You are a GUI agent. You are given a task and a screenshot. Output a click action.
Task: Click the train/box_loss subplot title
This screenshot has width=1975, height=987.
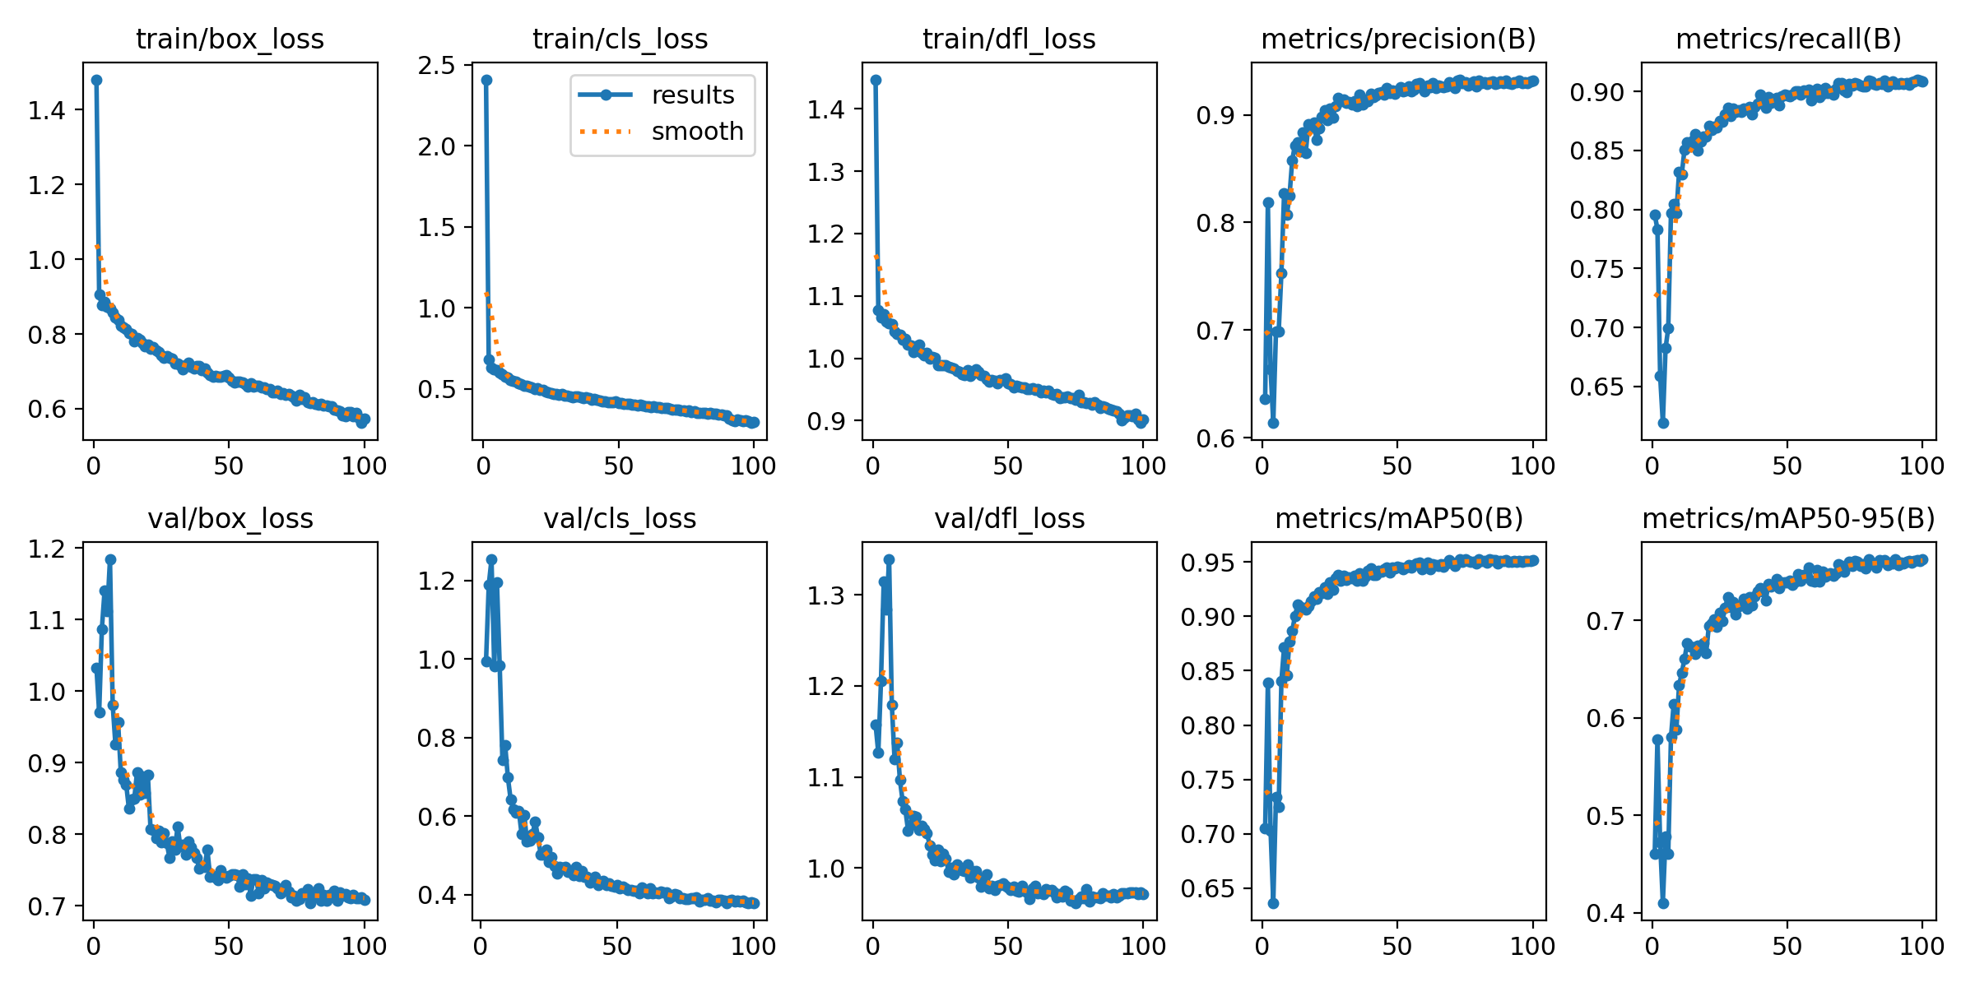click(230, 39)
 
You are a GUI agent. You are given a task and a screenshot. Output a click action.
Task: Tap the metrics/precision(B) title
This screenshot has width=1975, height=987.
click(1398, 39)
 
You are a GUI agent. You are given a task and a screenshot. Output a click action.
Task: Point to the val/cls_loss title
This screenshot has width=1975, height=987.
click(620, 518)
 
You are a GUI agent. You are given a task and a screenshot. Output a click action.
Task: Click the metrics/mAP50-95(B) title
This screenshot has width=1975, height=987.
click(1788, 518)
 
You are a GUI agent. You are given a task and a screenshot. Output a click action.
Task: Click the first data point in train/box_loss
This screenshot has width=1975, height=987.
click(96, 81)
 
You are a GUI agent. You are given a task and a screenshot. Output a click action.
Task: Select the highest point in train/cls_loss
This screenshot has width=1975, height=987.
click(486, 81)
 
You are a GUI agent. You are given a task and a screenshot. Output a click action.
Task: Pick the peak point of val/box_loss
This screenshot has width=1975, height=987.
click(110, 559)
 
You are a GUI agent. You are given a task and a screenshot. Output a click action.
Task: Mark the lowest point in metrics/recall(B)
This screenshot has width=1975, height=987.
click(1663, 423)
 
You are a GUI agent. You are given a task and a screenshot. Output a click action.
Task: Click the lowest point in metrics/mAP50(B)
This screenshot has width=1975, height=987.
click(1273, 903)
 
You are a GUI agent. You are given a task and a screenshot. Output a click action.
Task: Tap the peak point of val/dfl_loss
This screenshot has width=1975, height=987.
click(889, 559)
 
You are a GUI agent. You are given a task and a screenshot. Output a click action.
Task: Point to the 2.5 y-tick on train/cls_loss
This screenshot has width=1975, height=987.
click(436, 66)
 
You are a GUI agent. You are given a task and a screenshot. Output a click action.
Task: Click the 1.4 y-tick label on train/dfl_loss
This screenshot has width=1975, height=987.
click(826, 109)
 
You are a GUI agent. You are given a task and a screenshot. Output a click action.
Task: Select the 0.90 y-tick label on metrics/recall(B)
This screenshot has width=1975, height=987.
click(1596, 92)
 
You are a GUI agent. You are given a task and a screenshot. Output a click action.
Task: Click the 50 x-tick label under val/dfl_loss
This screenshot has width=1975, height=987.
click(1007, 946)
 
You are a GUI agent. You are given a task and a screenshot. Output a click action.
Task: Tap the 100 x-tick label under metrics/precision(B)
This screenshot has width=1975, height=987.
click(1532, 466)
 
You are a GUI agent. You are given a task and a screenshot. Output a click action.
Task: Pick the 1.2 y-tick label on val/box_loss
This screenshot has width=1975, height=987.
click(47, 549)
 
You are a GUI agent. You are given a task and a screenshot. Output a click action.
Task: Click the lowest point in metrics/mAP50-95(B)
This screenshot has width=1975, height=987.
click(1663, 903)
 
